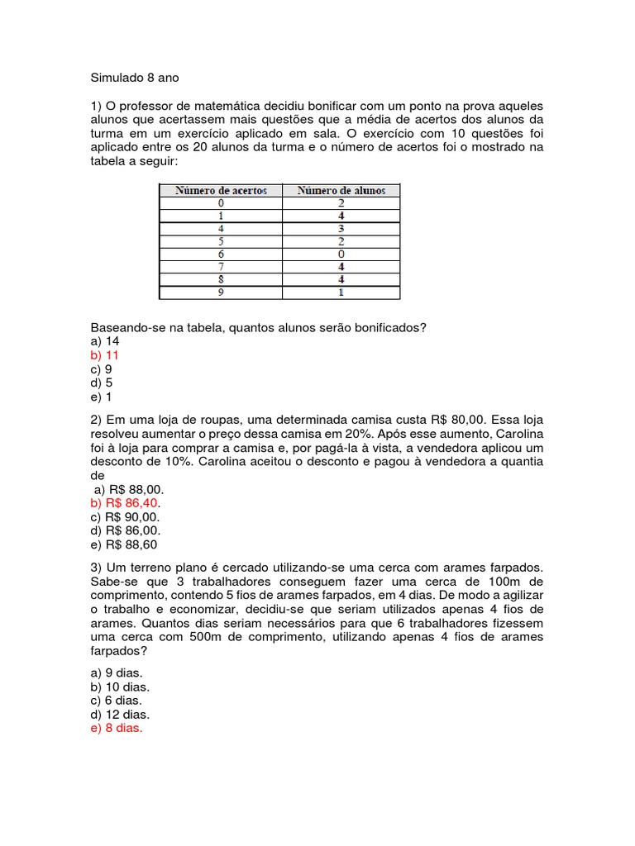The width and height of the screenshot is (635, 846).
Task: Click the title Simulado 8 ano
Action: click(134, 78)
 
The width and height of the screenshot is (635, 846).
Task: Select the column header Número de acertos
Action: click(221, 190)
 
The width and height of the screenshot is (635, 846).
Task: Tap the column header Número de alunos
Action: click(341, 190)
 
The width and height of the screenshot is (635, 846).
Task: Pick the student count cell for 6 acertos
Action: click(341, 254)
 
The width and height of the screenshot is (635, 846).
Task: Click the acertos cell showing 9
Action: click(221, 292)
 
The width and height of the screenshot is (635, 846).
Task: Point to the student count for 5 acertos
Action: click(341, 241)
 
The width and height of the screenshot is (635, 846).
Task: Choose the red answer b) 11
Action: click(105, 354)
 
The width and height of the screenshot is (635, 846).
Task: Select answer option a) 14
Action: click(105, 340)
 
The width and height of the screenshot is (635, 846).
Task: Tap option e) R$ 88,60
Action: click(124, 544)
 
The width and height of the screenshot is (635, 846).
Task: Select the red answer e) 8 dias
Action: click(117, 728)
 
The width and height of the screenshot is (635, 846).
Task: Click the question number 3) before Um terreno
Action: click(95, 568)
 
